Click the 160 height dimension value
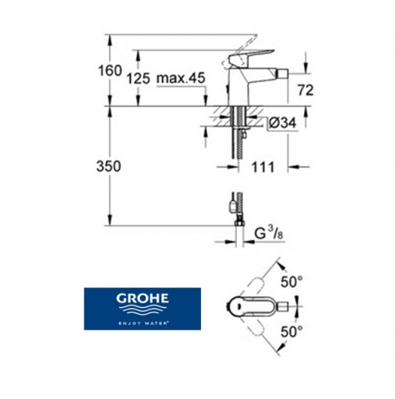tap(110, 71)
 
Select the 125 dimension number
tap(138, 79)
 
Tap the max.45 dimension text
tap(181, 78)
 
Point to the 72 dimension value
tap(306, 90)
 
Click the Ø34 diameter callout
tap(282, 123)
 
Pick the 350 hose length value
tap(109, 167)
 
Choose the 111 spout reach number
tap(263, 167)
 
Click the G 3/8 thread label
tap(269, 234)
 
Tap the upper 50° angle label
tap(291, 282)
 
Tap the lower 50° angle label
tap(291, 332)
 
